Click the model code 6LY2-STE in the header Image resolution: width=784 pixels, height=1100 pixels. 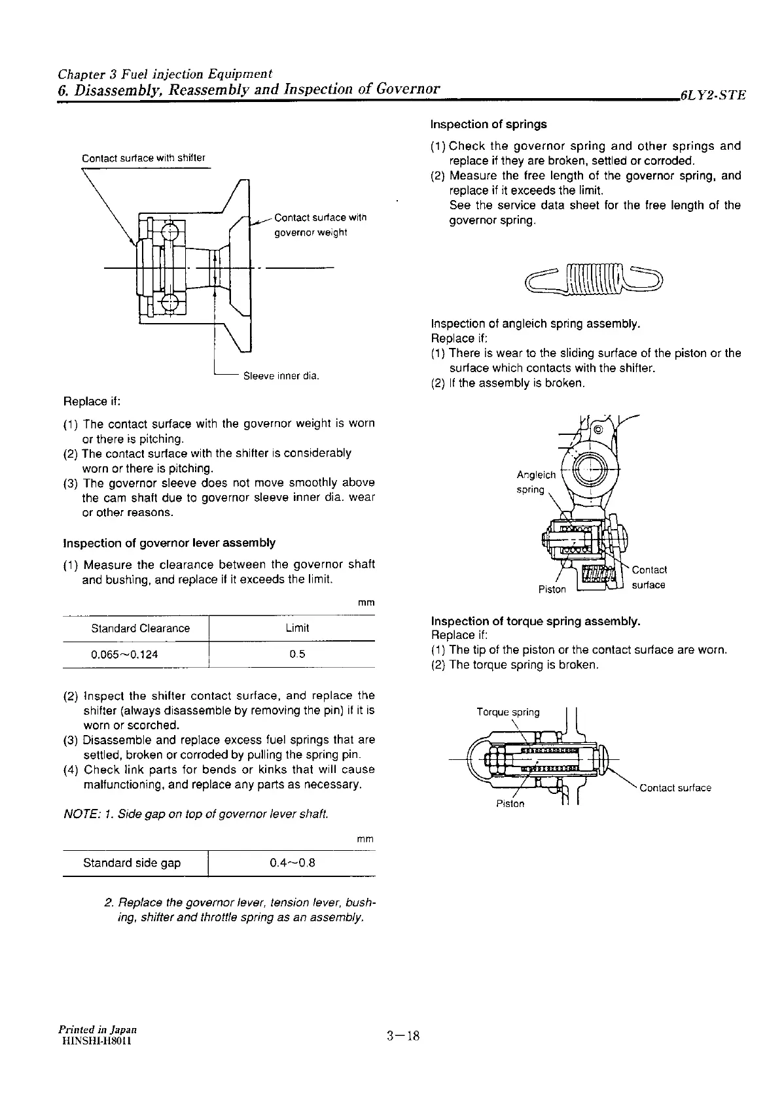(713, 95)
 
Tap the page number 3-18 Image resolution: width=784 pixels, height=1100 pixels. (402, 1036)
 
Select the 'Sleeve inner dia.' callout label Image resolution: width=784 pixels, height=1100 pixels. (281, 377)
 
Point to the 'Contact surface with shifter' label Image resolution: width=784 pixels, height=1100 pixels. (143, 158)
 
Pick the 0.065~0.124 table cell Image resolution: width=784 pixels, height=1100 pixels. (124, 655)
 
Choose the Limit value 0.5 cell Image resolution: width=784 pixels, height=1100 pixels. (297, 655)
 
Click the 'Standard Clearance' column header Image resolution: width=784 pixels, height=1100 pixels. (140, 628)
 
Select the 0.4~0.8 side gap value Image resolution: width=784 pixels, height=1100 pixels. (293, 863)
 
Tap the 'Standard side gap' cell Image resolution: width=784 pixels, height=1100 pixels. (132, 863)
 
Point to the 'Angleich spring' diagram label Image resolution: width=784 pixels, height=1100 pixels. (536, 482)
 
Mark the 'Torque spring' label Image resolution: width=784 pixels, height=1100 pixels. (508, 712)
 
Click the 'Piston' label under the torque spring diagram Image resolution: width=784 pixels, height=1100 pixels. (510, 804)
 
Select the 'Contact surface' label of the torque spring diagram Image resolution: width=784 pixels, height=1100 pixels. (675, 788)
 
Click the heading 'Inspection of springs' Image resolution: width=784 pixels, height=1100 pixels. (488, 124)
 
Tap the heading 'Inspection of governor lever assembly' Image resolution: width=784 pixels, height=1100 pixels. (169, 543)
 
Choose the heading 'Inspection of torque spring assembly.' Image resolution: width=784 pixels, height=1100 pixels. (535, 621)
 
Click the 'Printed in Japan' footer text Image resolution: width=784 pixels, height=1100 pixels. (97, 1029)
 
